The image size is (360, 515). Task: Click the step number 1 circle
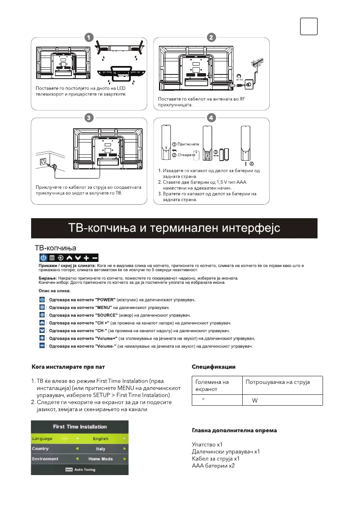[88, 37]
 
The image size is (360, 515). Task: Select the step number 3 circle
[88, 118]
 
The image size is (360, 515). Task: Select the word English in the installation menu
[101, 438]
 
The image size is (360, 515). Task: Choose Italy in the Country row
[101, 449]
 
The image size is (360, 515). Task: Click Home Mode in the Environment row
[101, 459]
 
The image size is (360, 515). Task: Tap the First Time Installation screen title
[80, 427]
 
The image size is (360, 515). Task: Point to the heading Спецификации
[213, 367]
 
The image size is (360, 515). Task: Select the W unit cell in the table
[254, 400]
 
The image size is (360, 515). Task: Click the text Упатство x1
[207, 444]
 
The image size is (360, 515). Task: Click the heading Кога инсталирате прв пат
[64, 367]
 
